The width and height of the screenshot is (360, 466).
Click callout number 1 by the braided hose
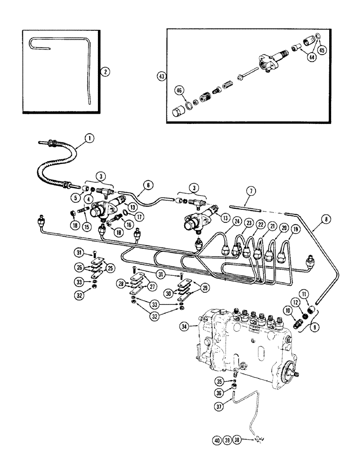[90, 137]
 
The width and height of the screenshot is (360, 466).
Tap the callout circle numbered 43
[162, 76]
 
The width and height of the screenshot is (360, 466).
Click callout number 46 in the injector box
[179, 90]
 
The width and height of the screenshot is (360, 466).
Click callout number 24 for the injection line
[224, 221]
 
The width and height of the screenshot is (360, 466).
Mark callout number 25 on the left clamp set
[110, 268]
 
